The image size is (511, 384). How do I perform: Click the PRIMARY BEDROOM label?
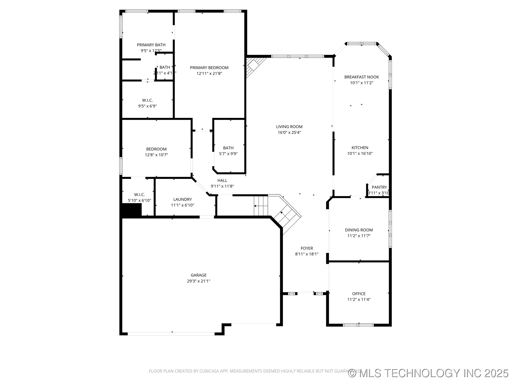(x=209, y=68)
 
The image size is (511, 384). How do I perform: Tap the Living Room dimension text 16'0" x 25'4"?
(x=289, y=133)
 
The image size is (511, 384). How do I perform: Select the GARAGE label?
(x=199, y=275)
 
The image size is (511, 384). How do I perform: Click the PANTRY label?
(x=379, y=187)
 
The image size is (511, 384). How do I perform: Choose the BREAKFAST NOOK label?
(x=361, y=77)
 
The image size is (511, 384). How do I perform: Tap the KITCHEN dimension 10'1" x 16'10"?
(x=360, y=154)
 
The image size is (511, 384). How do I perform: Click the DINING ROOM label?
(x=359, y=230)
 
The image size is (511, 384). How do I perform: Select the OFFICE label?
(x=359, y=294)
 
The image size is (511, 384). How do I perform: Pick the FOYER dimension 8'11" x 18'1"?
(x=307, y=254)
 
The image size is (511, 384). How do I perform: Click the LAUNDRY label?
(x=183, y=199)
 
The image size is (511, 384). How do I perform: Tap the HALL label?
(x=222, y=181)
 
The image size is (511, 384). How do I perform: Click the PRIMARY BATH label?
(x=151, y=45)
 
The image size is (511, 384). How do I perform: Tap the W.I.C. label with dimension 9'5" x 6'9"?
(x=147, y=100)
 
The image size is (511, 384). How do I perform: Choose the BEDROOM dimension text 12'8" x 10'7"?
(x=156, y=155)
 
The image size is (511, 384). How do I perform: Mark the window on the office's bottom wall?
(x=358, y=325)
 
